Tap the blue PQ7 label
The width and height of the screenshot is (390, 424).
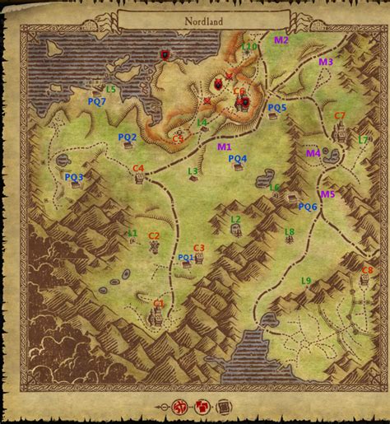click(x=97, y=101)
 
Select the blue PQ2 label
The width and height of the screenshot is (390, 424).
click(x=128, y=137)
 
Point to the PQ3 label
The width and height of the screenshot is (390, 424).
click(x=74, y=177)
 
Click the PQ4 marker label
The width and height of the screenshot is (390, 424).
click(x=237, y=158)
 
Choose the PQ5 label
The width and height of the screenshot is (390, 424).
click(x=277, y=107)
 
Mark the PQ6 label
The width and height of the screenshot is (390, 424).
click(x=308, y=207)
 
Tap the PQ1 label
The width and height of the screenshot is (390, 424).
click(x=186, y=258)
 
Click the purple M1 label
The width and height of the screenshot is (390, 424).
click(x=224, y=147)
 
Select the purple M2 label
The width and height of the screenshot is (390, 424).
click(x=281, y=40)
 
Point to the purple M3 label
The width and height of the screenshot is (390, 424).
click(x=326, y=62)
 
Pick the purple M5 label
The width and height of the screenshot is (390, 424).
click(x=327, y=194)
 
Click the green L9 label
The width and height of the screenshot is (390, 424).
click(x=306, y=281)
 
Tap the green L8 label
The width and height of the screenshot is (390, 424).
click(x=289, y=232)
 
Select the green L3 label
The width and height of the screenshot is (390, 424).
click(x=193, y=171)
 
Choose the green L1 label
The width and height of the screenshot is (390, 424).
click(x=132, y=234)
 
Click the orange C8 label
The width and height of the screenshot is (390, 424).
click(x=367, y=270)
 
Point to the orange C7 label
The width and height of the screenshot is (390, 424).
click(x=339, y=114)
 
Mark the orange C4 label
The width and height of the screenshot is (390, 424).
click(x=138, y=168)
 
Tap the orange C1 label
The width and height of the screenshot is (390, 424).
click(x=159, y=303)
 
